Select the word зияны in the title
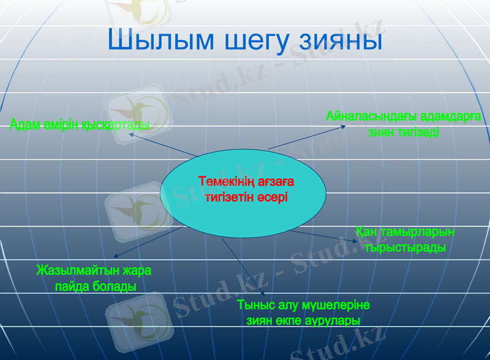tap(341, 40)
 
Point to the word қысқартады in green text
tap(116, 125)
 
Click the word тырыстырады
tap(404, 248)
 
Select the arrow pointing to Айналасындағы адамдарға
tap(306, 138)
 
